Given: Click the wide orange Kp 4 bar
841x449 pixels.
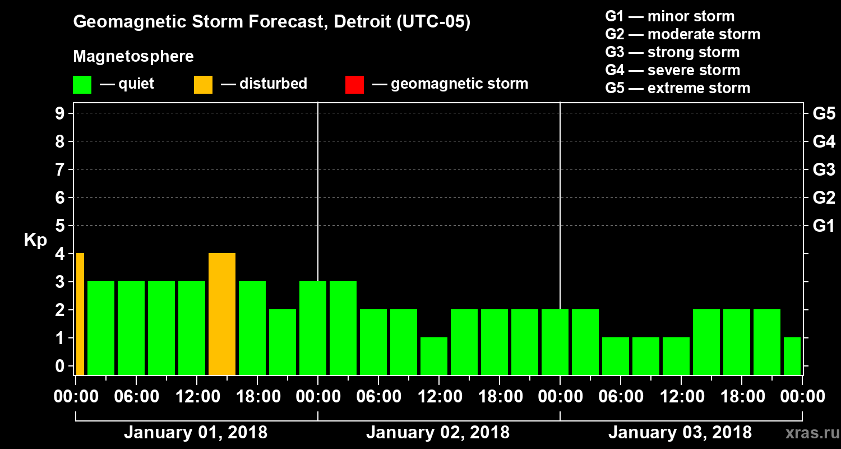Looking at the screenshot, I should (222, 314).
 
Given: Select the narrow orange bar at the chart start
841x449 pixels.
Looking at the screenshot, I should (80, 314).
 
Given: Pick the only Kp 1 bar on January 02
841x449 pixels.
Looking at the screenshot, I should (434, 356).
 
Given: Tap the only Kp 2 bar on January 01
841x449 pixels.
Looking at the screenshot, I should (283, 342).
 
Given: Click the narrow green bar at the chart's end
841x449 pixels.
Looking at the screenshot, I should (792, 356).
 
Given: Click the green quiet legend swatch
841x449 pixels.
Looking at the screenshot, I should (82, 84).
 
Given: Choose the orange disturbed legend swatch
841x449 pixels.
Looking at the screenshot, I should (203, 84).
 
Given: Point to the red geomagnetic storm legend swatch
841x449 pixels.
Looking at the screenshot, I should (354, 84).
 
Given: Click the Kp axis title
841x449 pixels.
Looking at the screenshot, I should (35, 240).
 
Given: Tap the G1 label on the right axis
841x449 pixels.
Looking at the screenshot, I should (824, 226).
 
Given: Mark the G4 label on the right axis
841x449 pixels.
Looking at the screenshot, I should (824, 141).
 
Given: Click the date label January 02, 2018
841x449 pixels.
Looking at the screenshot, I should (438, 433).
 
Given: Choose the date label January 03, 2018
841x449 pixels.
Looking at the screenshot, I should (680, 433).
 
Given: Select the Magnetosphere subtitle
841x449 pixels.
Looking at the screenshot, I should (133, 57).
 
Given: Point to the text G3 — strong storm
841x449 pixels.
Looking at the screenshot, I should (672, 52).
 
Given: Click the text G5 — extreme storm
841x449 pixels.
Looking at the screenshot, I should (677, 88).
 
